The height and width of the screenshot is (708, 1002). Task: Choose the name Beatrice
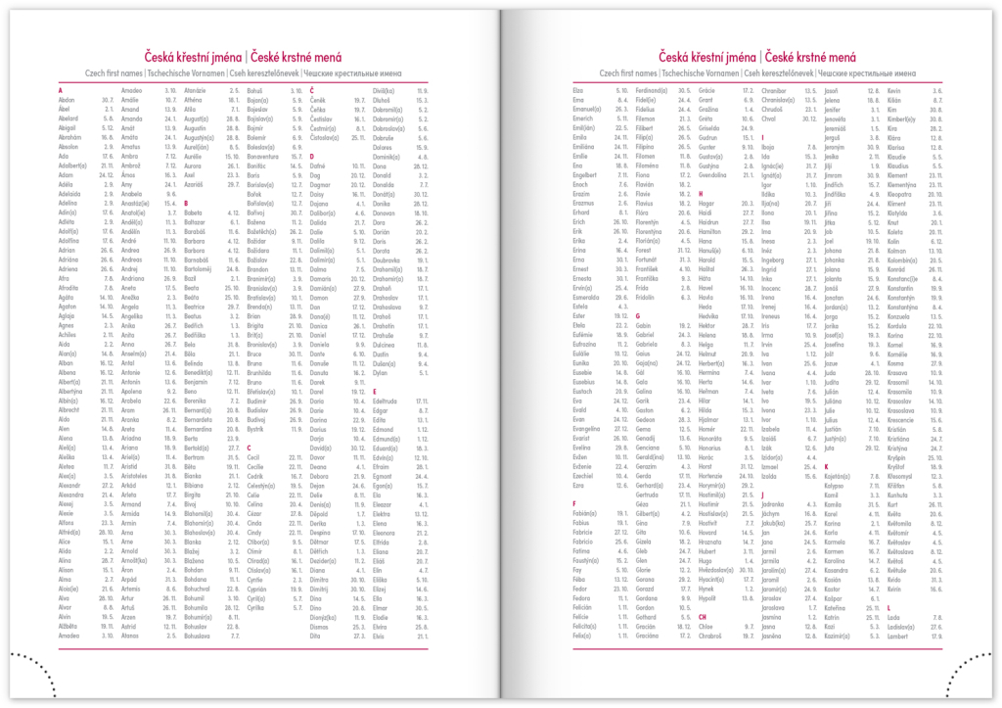point(198,307)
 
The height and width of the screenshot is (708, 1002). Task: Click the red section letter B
point(185,203)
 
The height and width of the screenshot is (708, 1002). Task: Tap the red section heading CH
point(702,617)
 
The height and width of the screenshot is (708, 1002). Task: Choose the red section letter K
point(825,466)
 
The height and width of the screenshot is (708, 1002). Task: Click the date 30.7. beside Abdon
point(107,100)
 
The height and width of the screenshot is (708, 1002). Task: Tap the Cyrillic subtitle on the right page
point(865,73)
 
